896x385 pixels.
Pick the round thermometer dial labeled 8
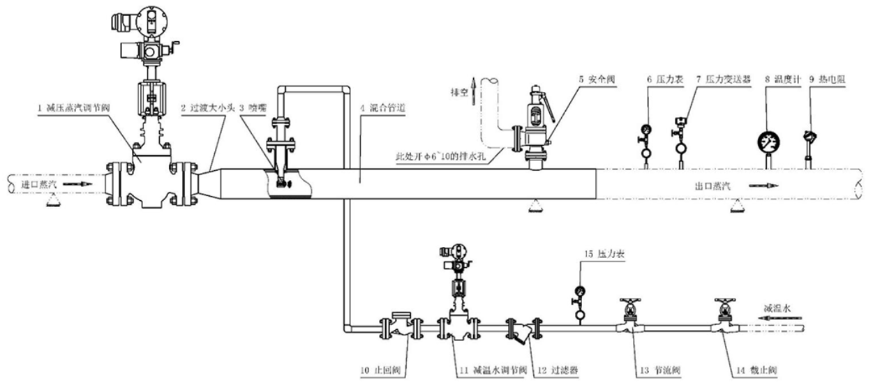point(768,143)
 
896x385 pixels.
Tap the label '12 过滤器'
point(558,370)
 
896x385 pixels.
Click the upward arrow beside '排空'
point(475,89)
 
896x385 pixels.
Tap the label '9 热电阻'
point(827,80)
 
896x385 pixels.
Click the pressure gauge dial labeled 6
point(646,129)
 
